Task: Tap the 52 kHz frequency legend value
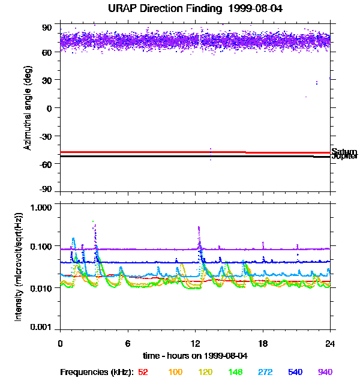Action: click(x=143, y=372)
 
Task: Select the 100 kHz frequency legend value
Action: click(x=175, y=372)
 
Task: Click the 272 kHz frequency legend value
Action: click(x=265, y=372)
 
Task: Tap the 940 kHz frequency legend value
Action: click(x=325, y=372)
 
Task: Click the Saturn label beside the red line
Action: click(x=344, y=152)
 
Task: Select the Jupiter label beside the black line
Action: click(x=344, y=157)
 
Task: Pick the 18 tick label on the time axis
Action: click(x=263, y=343)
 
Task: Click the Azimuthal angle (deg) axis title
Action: click(x=28, y=108)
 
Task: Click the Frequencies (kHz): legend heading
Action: click(x=97, y=372)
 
